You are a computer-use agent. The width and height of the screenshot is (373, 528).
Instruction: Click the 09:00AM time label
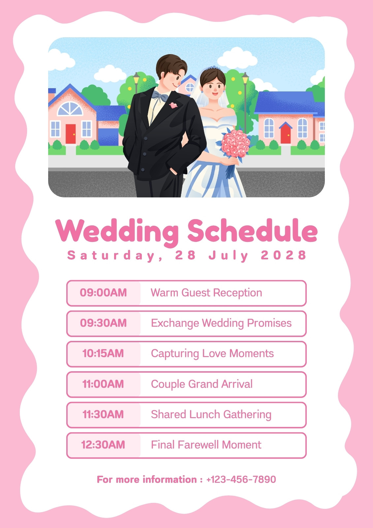point(103,292)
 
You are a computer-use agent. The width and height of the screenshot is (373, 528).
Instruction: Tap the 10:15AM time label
point(103,353)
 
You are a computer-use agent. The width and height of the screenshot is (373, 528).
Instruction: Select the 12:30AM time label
point(103,445)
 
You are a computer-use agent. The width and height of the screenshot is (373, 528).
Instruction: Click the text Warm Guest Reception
point(206,292)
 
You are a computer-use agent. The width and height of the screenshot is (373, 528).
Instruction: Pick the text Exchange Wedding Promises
point(221,323)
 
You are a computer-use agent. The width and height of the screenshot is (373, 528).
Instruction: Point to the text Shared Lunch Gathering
point(211,414)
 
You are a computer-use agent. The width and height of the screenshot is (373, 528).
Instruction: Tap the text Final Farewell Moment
point(206,445)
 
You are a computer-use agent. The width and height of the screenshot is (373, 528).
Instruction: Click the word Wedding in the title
point(117,232)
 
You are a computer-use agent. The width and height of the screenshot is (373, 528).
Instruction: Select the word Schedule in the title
point(253,230)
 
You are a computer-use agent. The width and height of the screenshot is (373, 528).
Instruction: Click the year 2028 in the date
point(283,255)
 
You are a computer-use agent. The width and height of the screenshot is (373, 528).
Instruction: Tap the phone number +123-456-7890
point(241,479)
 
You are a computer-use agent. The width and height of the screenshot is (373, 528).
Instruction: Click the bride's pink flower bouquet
point(235,144)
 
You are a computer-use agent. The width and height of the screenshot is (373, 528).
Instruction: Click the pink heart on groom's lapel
point(173,105)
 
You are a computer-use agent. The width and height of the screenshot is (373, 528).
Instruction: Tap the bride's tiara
point(212,68)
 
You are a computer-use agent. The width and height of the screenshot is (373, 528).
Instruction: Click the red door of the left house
point(71,134)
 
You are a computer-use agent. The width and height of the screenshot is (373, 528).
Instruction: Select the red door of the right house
point(286,134)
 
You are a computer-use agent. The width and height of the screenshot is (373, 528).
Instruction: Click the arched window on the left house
point(70,109)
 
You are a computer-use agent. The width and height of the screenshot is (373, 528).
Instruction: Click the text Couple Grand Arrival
point(202,384)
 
